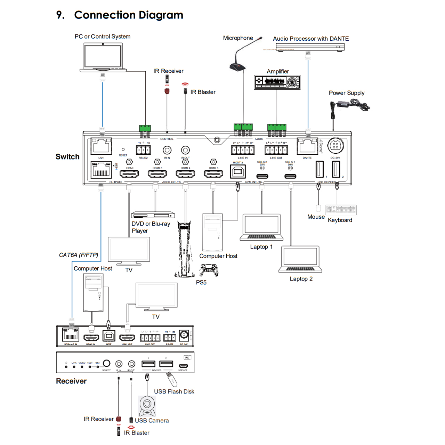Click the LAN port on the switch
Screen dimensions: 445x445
[x=101, y=146]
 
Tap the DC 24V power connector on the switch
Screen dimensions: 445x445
[x=335, y=146]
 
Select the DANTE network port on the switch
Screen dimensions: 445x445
[x=307, y=146]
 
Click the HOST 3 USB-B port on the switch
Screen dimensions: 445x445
[x=238, y=171]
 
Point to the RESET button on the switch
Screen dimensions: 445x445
[x=123, y=149]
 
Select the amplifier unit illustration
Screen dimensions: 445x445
[x=277, y=82]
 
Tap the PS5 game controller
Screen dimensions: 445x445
[x=209, y=270]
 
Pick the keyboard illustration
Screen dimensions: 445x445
[x=341, y=210]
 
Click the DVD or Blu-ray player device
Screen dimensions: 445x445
[x=153, y=215]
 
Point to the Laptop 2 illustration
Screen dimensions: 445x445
[x=300, y=259]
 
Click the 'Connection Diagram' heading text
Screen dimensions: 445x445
[x=129, y=15]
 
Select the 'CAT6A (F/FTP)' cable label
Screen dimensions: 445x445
[x=79, y=255]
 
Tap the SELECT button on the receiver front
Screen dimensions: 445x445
[x=107, y=363]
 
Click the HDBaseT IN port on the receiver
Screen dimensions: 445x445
[x=71, y=335]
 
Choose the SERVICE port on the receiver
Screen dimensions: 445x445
[x=183, y=366]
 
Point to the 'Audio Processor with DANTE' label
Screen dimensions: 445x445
[x=311, y=39]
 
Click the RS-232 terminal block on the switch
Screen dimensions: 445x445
[x=143, y=150]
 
